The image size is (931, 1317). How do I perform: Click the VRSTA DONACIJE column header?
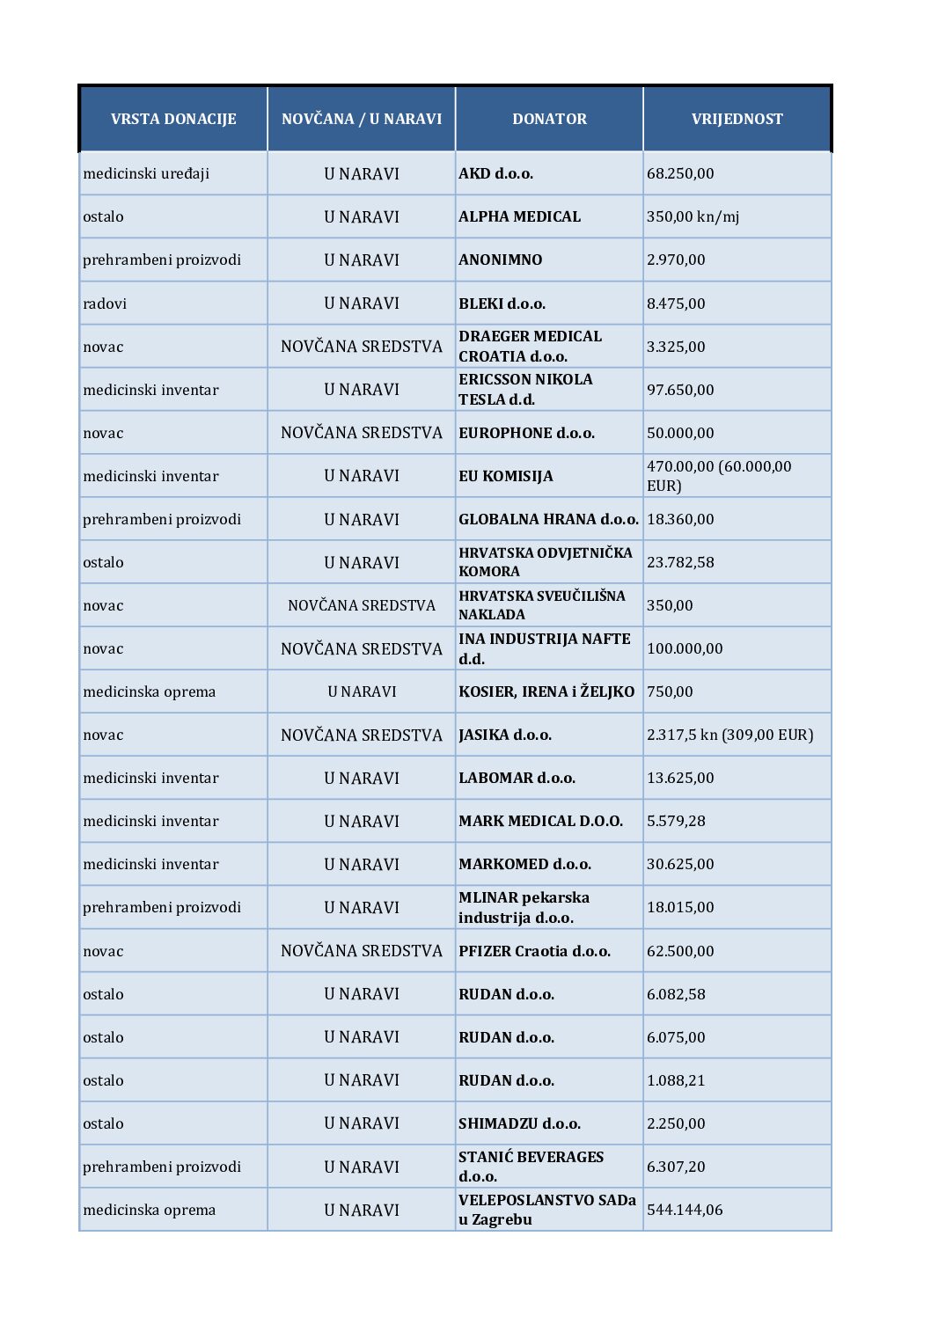(173, 119)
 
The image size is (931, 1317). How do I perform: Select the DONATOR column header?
(549, 119)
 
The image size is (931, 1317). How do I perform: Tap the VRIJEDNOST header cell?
(737, 119)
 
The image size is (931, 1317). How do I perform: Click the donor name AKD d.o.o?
(495, 173)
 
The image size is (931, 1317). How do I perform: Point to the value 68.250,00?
(680, 173)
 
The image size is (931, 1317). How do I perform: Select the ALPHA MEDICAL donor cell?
(519, 216)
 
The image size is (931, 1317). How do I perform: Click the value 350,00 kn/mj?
(693, 216)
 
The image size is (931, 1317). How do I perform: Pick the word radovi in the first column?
(105, 304)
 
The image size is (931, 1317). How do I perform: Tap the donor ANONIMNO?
(500, 260)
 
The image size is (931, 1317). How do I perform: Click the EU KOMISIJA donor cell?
(505, 476)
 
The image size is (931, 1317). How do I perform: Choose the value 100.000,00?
(685, 648)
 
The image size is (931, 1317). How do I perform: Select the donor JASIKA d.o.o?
(504, 735)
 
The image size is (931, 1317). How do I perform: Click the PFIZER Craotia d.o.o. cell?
(534, 951)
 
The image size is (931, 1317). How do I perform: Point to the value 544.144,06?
(685, 1210)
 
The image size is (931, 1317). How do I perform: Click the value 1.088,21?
(676, 1080)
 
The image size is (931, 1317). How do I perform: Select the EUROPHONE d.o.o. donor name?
(526, 433)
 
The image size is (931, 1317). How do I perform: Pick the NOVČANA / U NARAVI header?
(362, 119)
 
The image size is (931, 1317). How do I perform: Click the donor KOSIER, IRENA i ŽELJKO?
(546, 691)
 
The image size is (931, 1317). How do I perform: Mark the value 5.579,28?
(676, 821)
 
